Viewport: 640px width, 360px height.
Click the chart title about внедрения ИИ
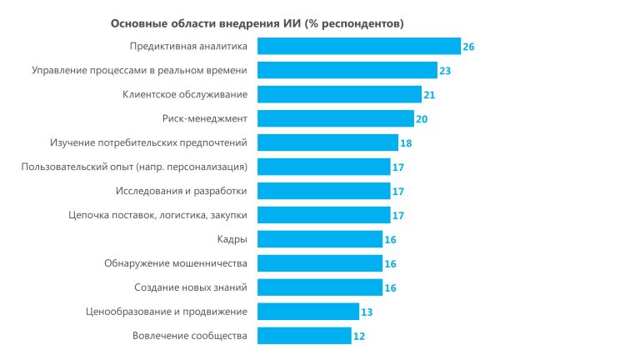pyautogui.click(x=257, y=23)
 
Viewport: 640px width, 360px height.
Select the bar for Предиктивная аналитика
pyautogui.click(x=358, y=47)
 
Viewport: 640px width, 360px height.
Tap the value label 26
pyautogui.click(x=468, y=47)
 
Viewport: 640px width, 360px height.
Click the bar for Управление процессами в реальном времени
pyautogui.click(x=347, y=71)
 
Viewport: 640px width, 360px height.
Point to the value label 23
pyautogui.click(x=445, y=71)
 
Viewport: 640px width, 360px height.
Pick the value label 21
pyautogui.click(x=429, y=95)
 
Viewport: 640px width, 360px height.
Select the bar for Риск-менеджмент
pyautogui.click(x=335, y=119)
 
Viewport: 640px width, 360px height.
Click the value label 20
pyautogui.click(x=422, y=119)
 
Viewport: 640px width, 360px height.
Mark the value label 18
pyautogui.click(x=406, y=143)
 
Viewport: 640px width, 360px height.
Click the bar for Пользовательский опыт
pyautogui.click(x=323, y=167)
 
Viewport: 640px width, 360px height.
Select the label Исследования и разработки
pyautogui.click(x=182, y=192)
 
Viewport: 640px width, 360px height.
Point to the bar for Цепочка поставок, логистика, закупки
pyautogui.click(x=323, y=215)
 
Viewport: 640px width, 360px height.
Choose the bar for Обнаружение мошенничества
pyautogui.click(x=319, y=263)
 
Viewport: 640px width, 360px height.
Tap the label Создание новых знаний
pyautogui.click(x=191, y=287)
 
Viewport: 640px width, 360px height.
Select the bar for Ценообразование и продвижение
pyautogui.click(x=307, y=312)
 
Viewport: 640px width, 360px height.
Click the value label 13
pyautogui.click(x=367, y=312)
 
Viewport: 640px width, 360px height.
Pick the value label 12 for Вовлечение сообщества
pyautogui.click(x=359, y=336)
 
